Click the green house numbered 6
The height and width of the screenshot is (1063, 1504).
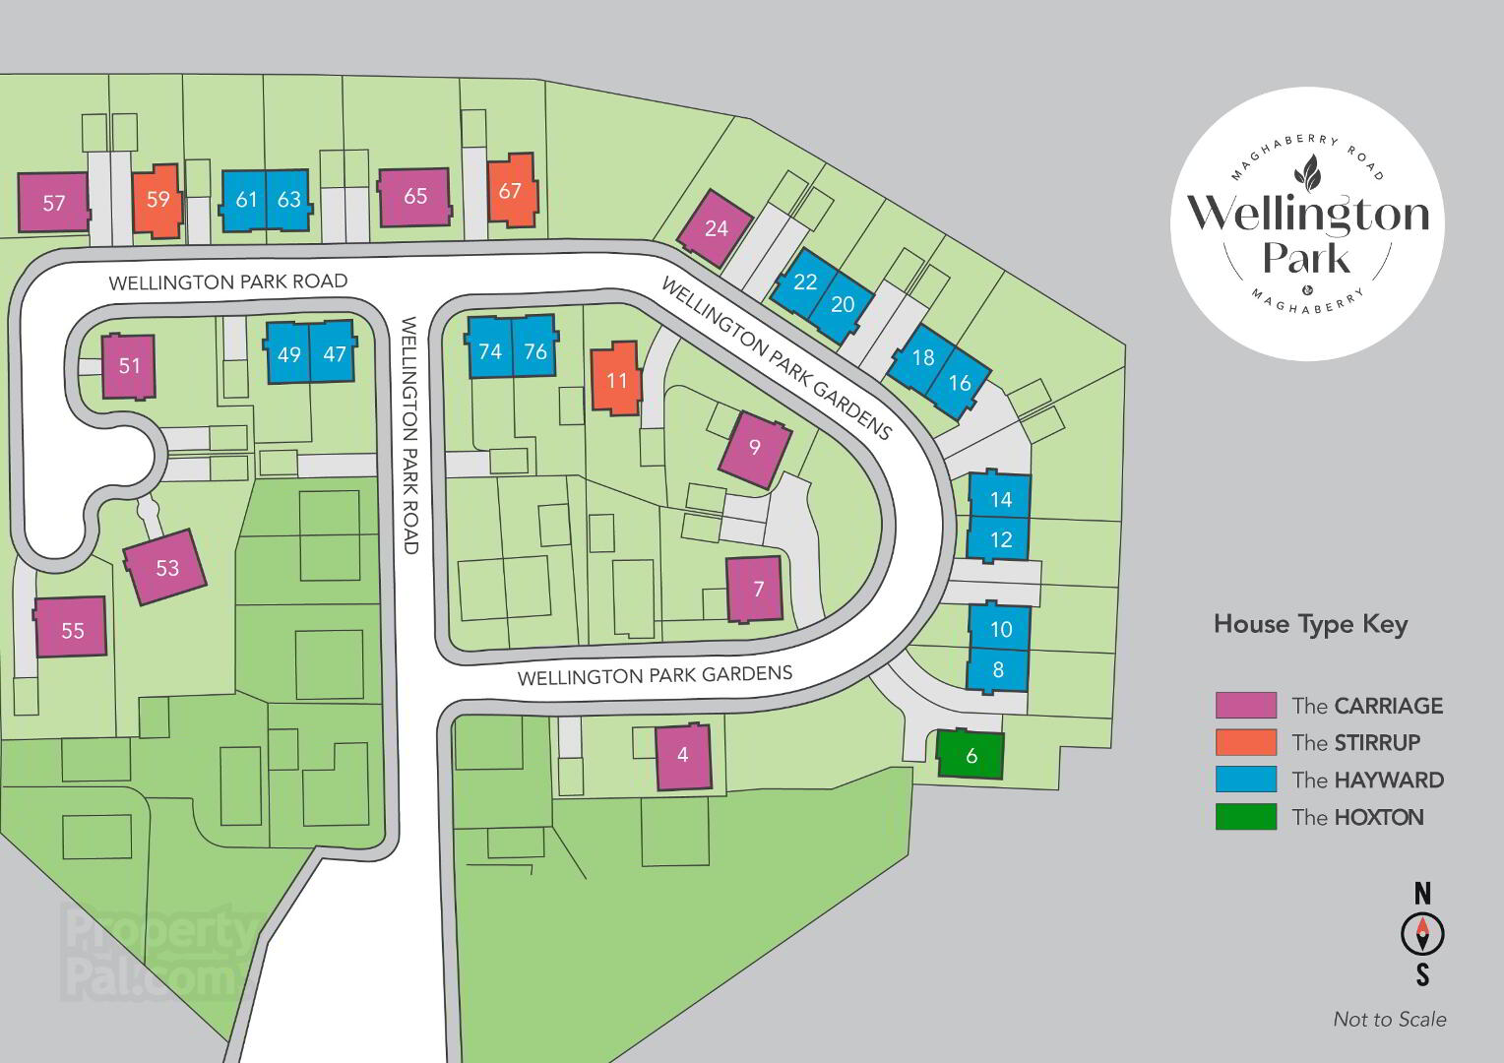(x=971, y=754)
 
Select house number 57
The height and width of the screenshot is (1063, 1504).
(x=53, y=202)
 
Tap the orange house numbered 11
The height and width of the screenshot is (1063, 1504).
(x=616, y=379)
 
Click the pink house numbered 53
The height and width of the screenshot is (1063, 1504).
(x=165, y=567)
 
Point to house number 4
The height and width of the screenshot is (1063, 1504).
(x=683, y=757)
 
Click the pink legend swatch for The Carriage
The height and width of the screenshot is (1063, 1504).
(x=1245, y=705)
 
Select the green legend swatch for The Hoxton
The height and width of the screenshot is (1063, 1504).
(x=1245, y=817)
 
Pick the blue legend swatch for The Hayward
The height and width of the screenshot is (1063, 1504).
(x=1245, y=779)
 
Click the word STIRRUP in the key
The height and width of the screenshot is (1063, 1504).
(x=1377, y=742)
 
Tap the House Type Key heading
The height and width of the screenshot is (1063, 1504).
(x=1311, y=624)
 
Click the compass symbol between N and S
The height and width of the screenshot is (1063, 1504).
(x=1422, y=934)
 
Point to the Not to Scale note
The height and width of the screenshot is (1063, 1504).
(x=1390, y=1019)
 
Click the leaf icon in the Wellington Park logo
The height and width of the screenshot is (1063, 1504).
(x=1307, y=173)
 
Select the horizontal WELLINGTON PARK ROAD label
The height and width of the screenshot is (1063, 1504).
(x=228, y=281)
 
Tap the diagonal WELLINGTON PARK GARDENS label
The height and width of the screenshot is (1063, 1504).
(x=777, y=359)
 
